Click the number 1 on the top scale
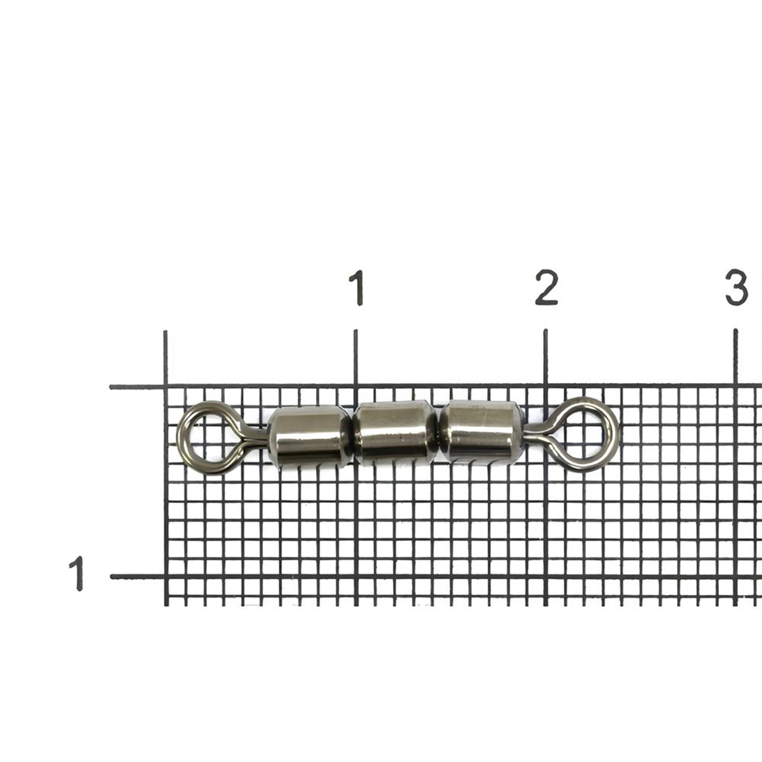pyautogui.click(x=357, y=288)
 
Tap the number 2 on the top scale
pyautogui.click(x=547, y=288)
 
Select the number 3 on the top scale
pyautogui.click(x=737, y=288)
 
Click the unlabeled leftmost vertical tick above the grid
pyautogui.click(x=165, y=358)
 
